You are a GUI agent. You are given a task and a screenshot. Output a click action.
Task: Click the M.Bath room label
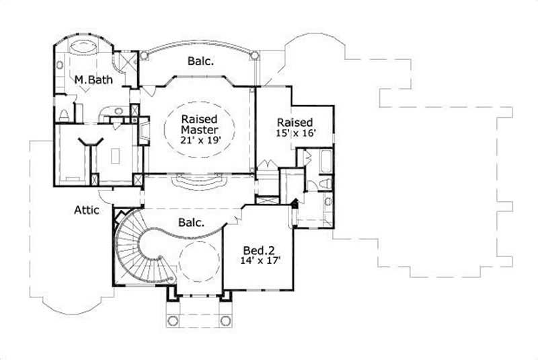point(93,80)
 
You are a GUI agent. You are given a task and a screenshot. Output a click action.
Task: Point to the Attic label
point(87,211)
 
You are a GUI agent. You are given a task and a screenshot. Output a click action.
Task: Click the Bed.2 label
point(260,248)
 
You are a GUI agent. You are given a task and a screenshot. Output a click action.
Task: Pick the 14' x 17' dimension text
point(261,259)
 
